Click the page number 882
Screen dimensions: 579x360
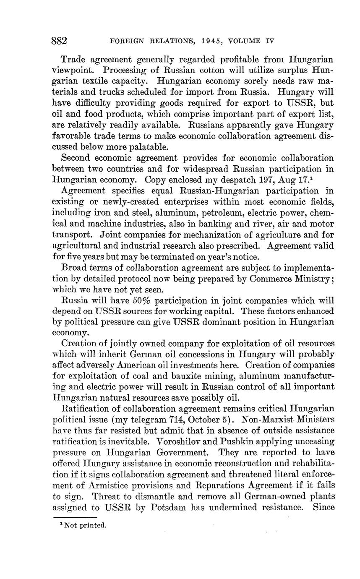(59, 41)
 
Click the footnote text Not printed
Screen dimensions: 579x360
(86, 525)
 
